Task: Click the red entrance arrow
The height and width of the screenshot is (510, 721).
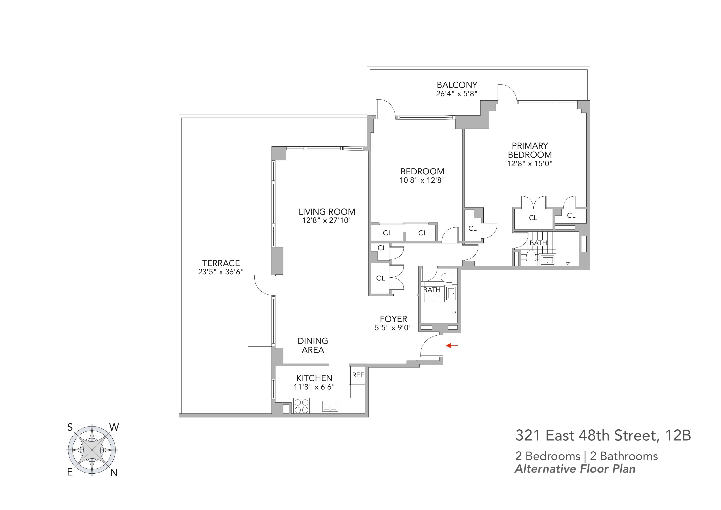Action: [x=452, y=346]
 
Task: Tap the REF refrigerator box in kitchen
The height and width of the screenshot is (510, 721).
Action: [x=358, y=375]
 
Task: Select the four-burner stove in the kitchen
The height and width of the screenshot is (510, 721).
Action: [x=301, y=406]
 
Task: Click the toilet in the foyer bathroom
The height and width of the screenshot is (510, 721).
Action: [x=446, y=277]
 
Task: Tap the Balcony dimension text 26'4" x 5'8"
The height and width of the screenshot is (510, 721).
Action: [x=457, y=94]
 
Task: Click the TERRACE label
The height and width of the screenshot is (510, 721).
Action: [x=221, y=263]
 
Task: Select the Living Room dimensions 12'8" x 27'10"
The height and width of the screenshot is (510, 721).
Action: [x=327, y=220]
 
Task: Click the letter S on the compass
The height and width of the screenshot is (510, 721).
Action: [x=70, y=427]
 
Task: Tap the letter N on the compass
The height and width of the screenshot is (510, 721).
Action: [x=114, y=473]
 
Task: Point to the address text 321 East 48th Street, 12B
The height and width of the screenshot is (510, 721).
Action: [x=603, y=436]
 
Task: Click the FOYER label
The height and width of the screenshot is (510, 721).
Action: [x=393, y=319]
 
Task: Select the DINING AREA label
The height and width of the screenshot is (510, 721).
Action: [x=313, y=345]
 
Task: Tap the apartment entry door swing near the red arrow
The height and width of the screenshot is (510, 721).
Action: [x=430, y=346]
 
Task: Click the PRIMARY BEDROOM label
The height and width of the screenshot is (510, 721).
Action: [x=530, y=150]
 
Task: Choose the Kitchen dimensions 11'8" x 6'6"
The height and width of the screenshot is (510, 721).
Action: [x=314, y=387]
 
